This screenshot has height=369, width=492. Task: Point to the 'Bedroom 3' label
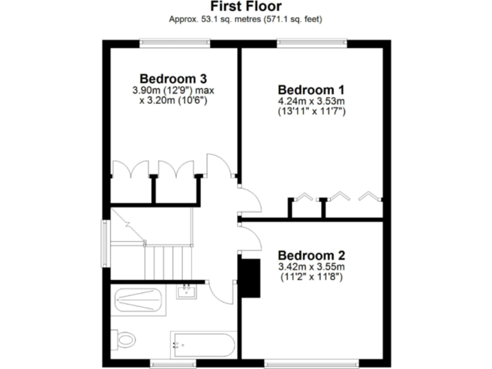(173, 79)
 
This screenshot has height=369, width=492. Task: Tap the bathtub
(203, 346)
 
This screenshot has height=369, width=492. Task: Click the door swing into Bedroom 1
(250, 200)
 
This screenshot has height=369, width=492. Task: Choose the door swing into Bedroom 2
(250, 238)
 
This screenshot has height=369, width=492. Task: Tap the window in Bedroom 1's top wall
(312, 42)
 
